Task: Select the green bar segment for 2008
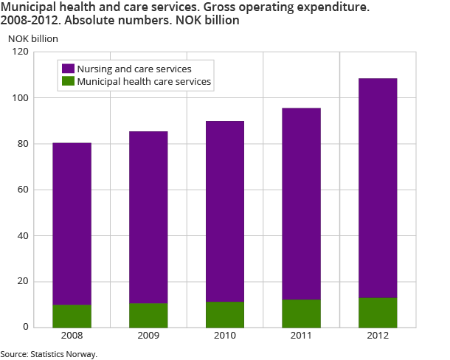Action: tap(72, 316)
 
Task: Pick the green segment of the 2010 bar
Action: tap(225, 314)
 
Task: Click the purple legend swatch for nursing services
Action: tap(67, 69)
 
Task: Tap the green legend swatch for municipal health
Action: tap(67, 82)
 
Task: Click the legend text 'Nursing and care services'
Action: tap(134, 69)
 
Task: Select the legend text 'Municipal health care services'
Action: tap(145, 82)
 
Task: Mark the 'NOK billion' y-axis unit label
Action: tap(32, 37)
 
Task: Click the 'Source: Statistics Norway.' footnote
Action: tap(49, 354)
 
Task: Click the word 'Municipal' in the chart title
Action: tap(27, 7)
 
